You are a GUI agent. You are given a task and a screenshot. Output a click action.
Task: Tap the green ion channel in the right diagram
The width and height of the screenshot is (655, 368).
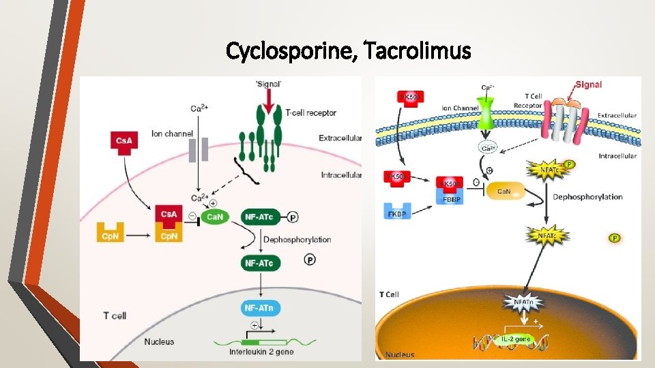[486, 113]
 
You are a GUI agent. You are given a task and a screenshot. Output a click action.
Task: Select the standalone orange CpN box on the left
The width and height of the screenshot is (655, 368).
[113, 235]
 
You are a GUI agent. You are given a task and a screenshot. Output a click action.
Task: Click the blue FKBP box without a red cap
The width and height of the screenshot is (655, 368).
[397, 214]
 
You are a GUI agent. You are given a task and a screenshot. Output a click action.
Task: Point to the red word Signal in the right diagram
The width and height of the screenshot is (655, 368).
[587, 85]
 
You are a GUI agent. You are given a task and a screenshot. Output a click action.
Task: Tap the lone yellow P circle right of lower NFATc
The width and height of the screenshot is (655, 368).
[613, 238]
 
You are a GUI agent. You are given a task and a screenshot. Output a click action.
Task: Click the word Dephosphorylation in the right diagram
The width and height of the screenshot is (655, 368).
[587, 197]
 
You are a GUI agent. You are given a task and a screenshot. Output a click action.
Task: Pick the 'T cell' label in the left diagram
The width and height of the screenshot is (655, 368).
[115, 316]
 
